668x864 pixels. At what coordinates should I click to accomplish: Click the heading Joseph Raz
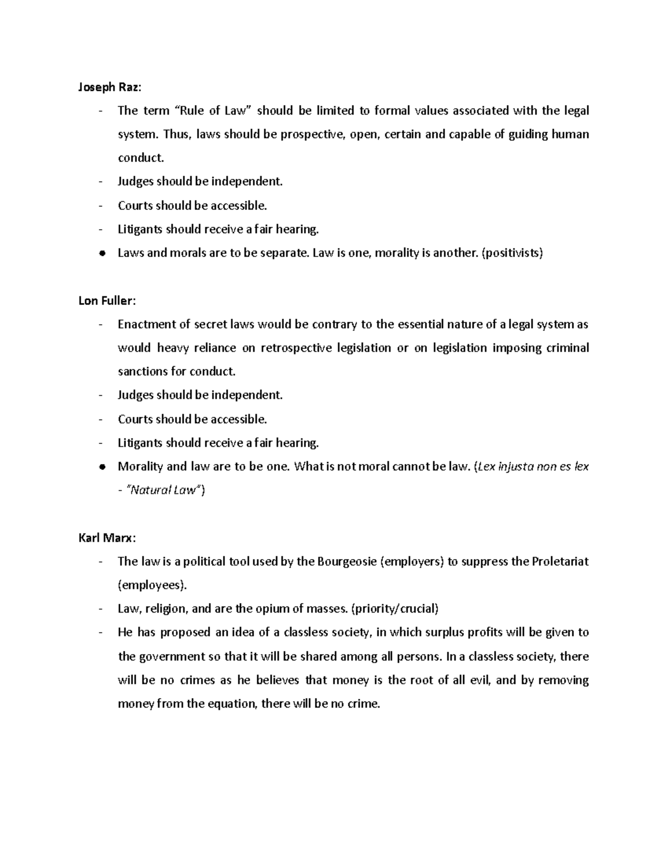(x=109, y=87)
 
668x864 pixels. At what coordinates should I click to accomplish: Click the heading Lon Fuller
(x=106, y=300)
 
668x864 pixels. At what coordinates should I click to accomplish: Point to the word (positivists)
(x=512, y=253)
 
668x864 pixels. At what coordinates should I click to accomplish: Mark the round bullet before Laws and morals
(x=101, y=253)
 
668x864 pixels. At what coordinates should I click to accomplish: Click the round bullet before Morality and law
(x=101, y=467)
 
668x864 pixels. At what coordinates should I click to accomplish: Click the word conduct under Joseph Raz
(x=141, y=158)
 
